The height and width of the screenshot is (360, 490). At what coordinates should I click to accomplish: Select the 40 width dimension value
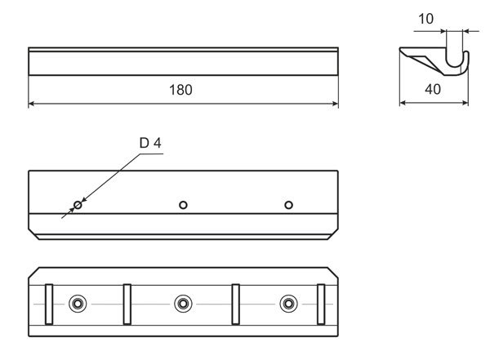point(433,90)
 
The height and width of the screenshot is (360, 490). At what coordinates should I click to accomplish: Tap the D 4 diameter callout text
point(150,143)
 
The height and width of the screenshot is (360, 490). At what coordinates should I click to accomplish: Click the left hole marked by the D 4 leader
point(78,204)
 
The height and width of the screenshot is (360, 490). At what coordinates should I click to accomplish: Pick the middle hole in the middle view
point(184,204)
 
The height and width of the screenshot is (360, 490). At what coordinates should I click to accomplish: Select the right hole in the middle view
point(288,204)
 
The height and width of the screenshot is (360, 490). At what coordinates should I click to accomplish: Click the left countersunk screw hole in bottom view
point(78,304)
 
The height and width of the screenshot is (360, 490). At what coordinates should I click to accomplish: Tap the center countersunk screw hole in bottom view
point(183,304)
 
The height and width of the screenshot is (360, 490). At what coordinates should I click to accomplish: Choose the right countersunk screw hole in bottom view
point(288,304)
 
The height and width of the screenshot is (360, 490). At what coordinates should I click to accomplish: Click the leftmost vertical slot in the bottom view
point(48,304)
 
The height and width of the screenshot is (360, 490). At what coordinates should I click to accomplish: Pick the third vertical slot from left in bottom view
point(236,304)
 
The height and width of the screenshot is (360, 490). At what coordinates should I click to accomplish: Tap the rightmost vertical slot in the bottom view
point(320,304)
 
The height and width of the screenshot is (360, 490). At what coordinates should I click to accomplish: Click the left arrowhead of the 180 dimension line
point(33,104)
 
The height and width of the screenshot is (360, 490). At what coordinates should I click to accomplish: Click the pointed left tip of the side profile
point(401,50)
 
